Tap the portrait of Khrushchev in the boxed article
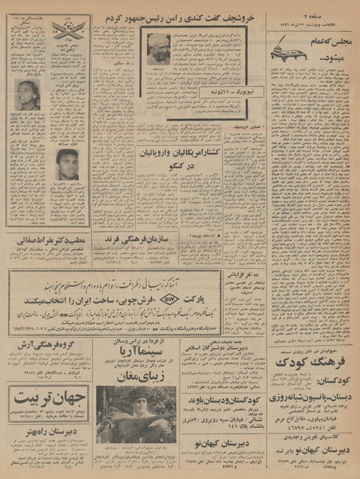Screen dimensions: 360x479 pos(157,49)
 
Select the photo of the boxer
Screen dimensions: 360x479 pos(68,164)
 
